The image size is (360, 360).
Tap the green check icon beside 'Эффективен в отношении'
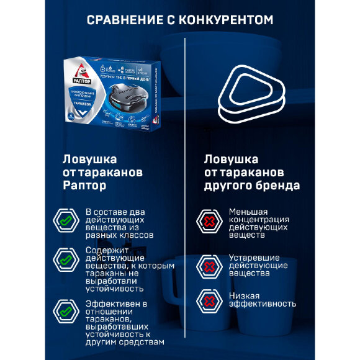click(x=65, y=310)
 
